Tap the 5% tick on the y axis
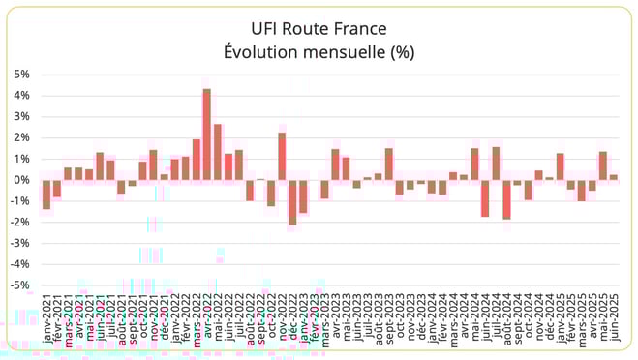[x=21, y=74]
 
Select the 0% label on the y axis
[x=21, y=180]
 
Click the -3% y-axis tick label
[x=19, y=243]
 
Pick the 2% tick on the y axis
[x=21, y=137]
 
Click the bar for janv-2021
[x=46, y=194]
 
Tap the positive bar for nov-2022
[x=282, y=156]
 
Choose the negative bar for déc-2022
[x=292, y=202]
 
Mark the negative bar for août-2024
[x=506, y=199]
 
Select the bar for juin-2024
[x=485, y=197]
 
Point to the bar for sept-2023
[x=388, y=164]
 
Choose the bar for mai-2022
[x=218, y=152]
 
